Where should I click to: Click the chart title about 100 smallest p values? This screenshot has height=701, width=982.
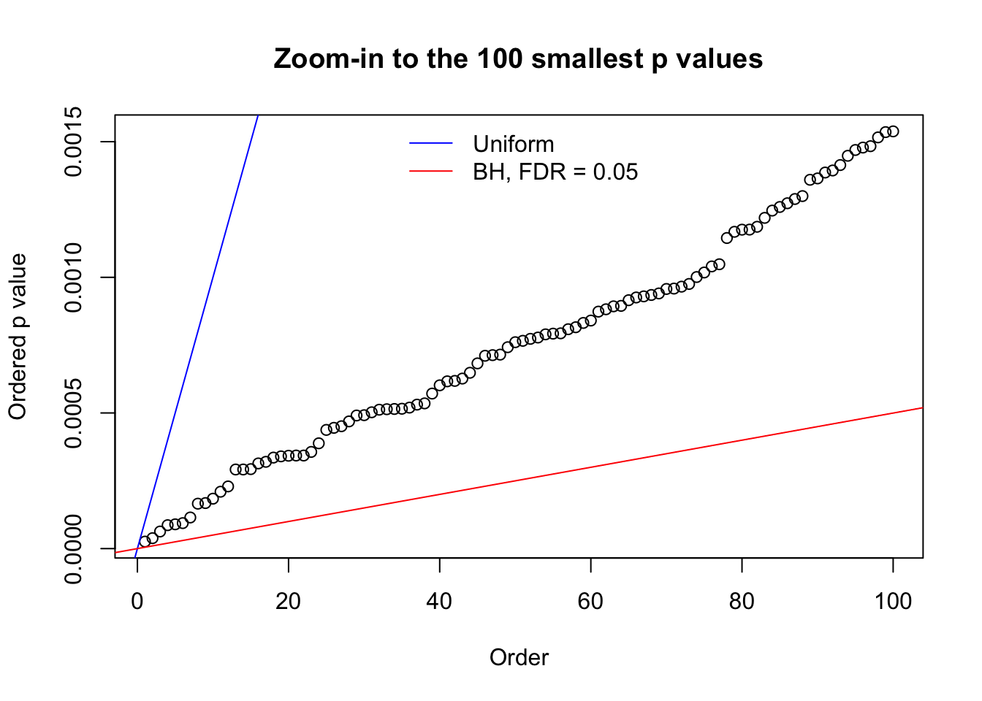point(518,58)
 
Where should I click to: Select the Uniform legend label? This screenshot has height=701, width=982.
point(513,144)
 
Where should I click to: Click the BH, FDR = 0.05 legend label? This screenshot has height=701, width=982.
point(555,172)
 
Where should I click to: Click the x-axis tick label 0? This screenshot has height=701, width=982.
point(137,602)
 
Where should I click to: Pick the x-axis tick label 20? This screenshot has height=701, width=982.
point(289,602)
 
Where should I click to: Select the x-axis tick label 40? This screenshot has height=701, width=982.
point(440,602)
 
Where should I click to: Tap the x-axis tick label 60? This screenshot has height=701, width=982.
point(590,602)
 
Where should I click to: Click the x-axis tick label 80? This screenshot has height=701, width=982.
point(742,602)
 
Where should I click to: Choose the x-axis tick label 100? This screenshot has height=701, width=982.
point(893,602)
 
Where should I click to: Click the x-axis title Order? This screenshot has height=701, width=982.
point(519,658)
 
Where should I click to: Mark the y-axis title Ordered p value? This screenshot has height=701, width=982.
point(18,337)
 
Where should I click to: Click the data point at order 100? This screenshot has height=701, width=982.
point(893,131)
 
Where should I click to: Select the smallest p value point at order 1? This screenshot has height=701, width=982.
point(145,542)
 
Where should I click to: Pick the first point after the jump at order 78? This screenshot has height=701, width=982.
point(726,238)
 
